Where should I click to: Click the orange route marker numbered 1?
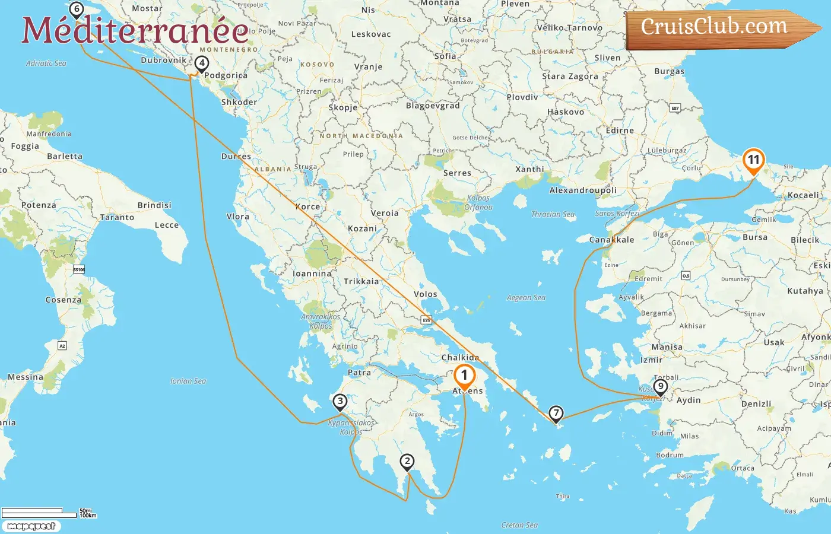tap(464, 376)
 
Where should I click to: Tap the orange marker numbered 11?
tap(753, 160)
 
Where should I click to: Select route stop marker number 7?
tap(556, 413)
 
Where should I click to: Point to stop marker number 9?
tap(660, 387)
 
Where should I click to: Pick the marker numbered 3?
tap(340, 402)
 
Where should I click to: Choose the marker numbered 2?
tap(407, 461)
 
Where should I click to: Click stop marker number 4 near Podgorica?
tap(202, 63)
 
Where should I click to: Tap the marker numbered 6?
tap(76, 9)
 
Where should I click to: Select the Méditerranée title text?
tap(135, 30)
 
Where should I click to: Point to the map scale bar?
tap(39, 513)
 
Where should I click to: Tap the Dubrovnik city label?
tap(163, 60)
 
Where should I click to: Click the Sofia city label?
tap(445, 56)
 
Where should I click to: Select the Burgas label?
tap(669, 71)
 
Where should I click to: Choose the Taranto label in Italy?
tap(117, 217)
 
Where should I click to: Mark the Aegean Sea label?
tap(526, 298)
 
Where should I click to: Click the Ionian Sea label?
tap(188, 381)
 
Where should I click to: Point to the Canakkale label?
tap(611, 240)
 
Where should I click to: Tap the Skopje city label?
tap(343, 107)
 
